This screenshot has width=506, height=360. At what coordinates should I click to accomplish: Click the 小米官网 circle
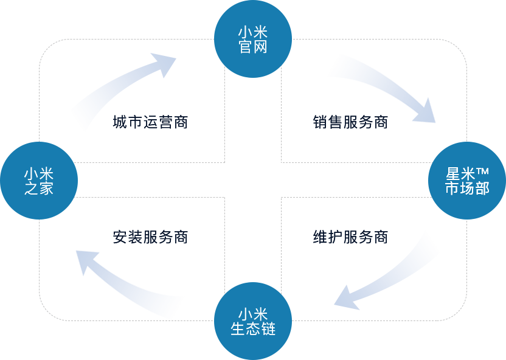click(x=253, y=39)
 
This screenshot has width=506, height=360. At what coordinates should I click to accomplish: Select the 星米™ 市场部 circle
click(x=466, y=181)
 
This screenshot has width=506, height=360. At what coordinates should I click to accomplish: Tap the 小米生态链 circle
click(x=253, y=321)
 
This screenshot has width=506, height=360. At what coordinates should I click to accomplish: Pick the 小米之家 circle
click(x=39, y=181)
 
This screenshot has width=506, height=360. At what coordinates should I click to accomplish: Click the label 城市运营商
click(x=150, y=122)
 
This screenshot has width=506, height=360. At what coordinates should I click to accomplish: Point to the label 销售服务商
click(x=350, y=122)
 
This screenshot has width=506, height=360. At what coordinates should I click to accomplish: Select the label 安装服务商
click(x=150, y=237)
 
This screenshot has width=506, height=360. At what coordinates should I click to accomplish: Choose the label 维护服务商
click(x=350, y=237)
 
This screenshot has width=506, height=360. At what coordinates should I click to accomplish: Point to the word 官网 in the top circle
click(x=253, y=47)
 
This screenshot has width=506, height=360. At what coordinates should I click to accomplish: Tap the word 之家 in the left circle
click(x=39, y=189)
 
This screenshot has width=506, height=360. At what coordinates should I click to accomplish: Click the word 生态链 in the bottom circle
click(x=253, y=329)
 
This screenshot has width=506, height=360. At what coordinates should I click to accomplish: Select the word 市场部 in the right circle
click(x=466, y=189)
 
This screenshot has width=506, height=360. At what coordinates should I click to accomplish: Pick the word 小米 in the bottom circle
click(x=253, y=314)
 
